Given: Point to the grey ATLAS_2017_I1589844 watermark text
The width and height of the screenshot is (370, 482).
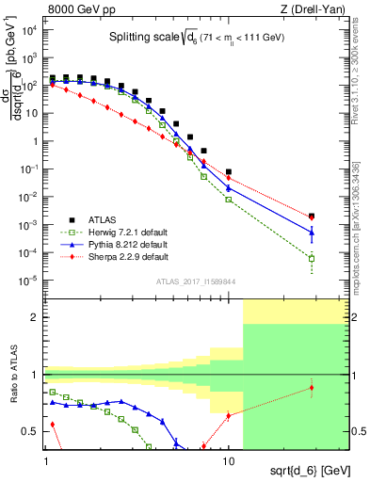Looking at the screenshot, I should [x=196, y=281].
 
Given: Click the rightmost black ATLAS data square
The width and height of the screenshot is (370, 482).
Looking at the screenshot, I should [x=312, y=216].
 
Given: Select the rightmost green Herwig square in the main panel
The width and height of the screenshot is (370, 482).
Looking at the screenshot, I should [x=312, y=258].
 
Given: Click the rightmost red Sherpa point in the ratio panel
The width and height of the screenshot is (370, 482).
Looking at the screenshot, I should [x=312, y=387].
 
